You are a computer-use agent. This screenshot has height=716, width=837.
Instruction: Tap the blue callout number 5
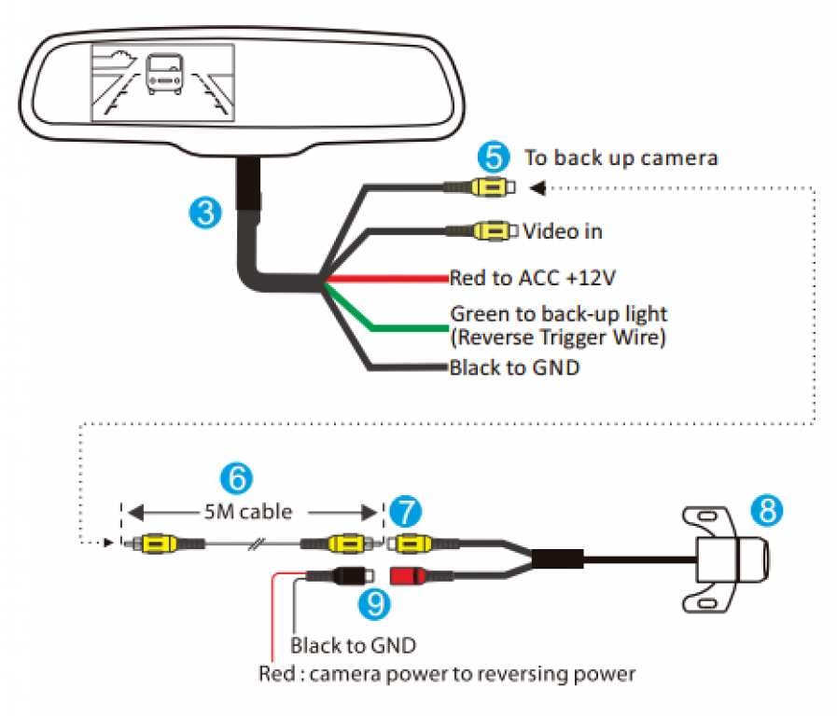[x=492, y=156]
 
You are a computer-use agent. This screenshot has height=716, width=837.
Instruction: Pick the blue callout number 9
[x=375, y=604]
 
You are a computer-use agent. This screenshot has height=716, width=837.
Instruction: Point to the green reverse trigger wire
[x=401, y=327]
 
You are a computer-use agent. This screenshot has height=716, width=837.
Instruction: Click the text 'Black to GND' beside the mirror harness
[x=514, y=367]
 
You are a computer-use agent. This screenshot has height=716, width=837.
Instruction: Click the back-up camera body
[x=735, y=560]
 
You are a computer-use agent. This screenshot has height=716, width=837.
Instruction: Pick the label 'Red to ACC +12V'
[x=533, y=278]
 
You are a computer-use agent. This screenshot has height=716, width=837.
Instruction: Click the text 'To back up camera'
[x=621, y=158]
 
